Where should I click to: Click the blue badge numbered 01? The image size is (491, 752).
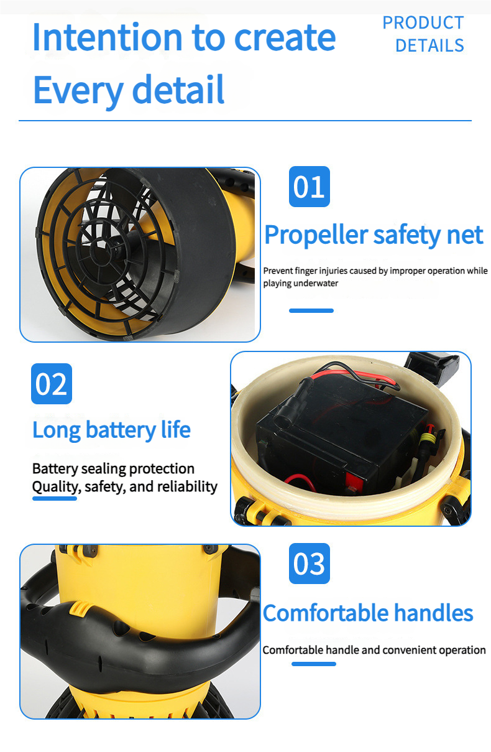310,187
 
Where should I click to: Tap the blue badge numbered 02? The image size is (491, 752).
52,383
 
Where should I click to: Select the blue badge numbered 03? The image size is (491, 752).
310,564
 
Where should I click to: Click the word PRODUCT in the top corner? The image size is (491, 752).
423,23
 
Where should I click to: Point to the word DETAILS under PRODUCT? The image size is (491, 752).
429,45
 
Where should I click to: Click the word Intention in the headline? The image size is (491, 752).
108,37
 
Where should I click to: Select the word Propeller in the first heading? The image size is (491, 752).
316,236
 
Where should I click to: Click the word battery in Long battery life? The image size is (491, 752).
121,430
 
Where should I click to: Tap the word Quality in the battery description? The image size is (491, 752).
57,487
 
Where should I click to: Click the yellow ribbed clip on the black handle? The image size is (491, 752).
78,609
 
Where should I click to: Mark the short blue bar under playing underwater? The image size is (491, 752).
311,310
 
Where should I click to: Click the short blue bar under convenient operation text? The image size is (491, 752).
314,664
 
